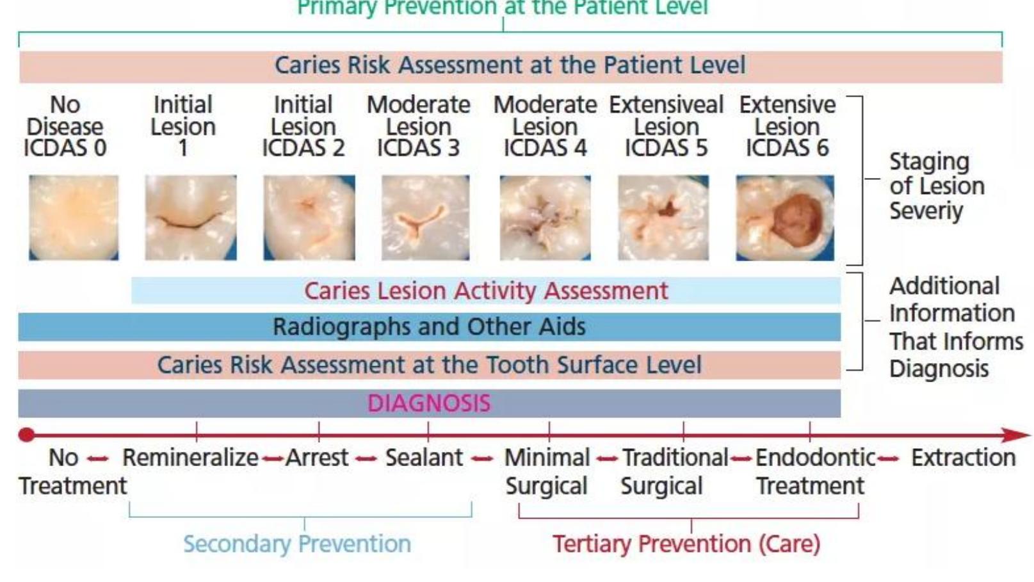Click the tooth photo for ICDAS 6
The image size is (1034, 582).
click(785, 218)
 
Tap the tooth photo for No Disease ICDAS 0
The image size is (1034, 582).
click(74, 218)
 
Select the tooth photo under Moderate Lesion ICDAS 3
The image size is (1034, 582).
click(425, 218)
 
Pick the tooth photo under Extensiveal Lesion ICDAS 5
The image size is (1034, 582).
click(663, 218)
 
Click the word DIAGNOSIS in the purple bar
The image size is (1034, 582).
click(429, 403)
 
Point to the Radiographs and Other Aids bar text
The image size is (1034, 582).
click(429, 327)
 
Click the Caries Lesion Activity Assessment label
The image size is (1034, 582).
click(486, 291)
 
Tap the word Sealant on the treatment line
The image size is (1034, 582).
click(424, 458)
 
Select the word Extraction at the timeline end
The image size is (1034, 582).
click(963, 458)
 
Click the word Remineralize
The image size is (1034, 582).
click(190, 458)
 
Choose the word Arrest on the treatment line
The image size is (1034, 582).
click(317, 458)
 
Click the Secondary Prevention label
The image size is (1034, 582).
click(297, 544)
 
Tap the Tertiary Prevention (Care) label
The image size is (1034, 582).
click(686, 544)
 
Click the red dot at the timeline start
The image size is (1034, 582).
click(26, 435)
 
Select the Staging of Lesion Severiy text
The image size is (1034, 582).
click(935, 186)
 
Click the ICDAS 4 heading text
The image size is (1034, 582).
click(545, 148)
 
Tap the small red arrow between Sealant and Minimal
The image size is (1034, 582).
click(482, 458)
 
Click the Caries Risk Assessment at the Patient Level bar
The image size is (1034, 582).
click(510, 65)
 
